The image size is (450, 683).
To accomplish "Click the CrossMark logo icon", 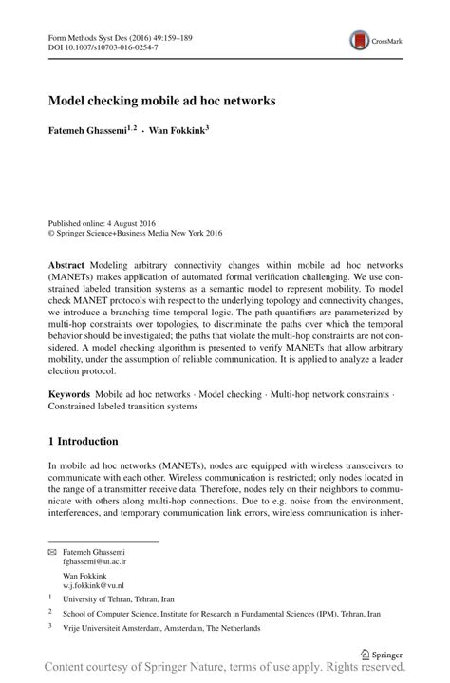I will [x=361, y=40].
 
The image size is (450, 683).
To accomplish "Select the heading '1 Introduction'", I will [x=83, y=442].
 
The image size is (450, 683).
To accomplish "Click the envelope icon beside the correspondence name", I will [x=52, y=552].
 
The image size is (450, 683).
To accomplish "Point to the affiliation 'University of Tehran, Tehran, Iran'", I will [x=119, y=600].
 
